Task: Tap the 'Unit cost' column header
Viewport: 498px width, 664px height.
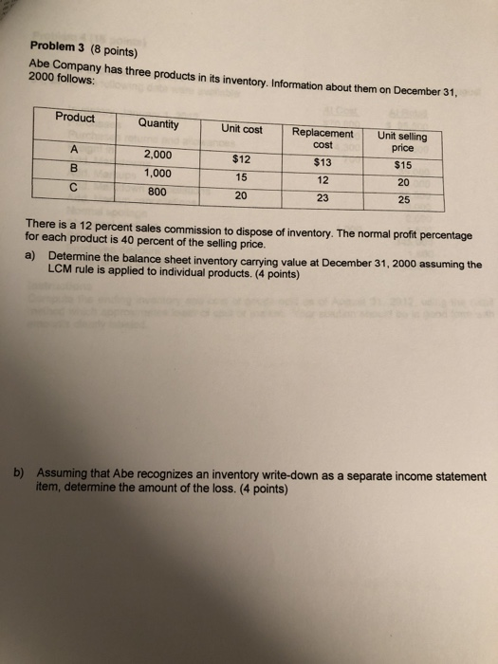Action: (242, 128)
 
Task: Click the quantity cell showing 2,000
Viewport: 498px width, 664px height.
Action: (157, 154)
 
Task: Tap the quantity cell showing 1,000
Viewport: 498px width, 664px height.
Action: (157, 173)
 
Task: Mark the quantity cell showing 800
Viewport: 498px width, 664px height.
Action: (157, 191)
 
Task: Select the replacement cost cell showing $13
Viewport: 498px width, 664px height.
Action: (323, 162)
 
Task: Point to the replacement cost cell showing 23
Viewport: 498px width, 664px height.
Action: (323, 198)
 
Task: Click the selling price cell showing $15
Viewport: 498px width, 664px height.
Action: (402, 165)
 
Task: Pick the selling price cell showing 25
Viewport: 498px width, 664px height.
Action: (403, 200)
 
